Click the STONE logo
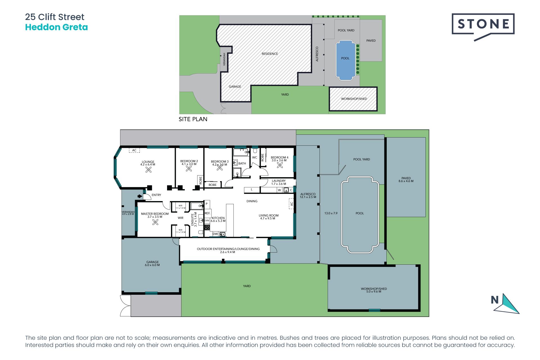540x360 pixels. pos(483,25)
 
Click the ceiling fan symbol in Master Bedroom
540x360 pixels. pos(155,222)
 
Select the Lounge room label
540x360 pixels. pos(148,163)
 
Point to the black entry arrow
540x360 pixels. pos(140,196)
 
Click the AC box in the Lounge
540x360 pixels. pos(134,150)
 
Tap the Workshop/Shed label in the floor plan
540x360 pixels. pos(374,290)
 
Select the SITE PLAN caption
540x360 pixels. pos(193,119)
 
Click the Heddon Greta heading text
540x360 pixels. pos(56,27)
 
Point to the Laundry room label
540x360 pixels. pos(278,182)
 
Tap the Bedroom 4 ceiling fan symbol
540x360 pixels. pos(280,165)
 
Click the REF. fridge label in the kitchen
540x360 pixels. pos(208,213)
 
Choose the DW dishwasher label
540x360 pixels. pos(215,234)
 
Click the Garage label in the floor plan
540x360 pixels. pos(152,263)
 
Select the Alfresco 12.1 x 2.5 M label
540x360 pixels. pos(308,195)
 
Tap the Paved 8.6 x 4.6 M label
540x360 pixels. pos(406,179)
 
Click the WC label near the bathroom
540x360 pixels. pos(255,157)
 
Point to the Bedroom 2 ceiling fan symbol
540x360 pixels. pos(189,168)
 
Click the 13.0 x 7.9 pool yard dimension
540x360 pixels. pos(331,213)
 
